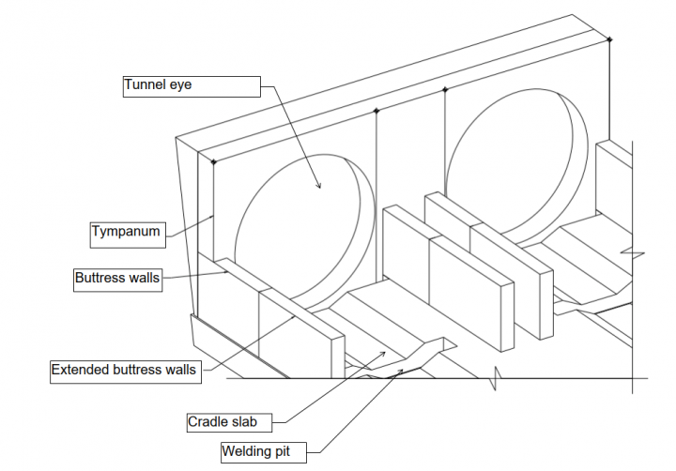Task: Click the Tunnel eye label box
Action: coord(190,86)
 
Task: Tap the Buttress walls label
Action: coord(117,279)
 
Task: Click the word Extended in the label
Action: coord(80,370)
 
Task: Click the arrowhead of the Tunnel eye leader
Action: coord(319,187)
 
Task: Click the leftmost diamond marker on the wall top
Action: coord(213,162)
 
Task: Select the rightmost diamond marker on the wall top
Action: coord(610,39)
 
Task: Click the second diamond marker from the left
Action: coord(376,111)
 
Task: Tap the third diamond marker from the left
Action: coord(445,90)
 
